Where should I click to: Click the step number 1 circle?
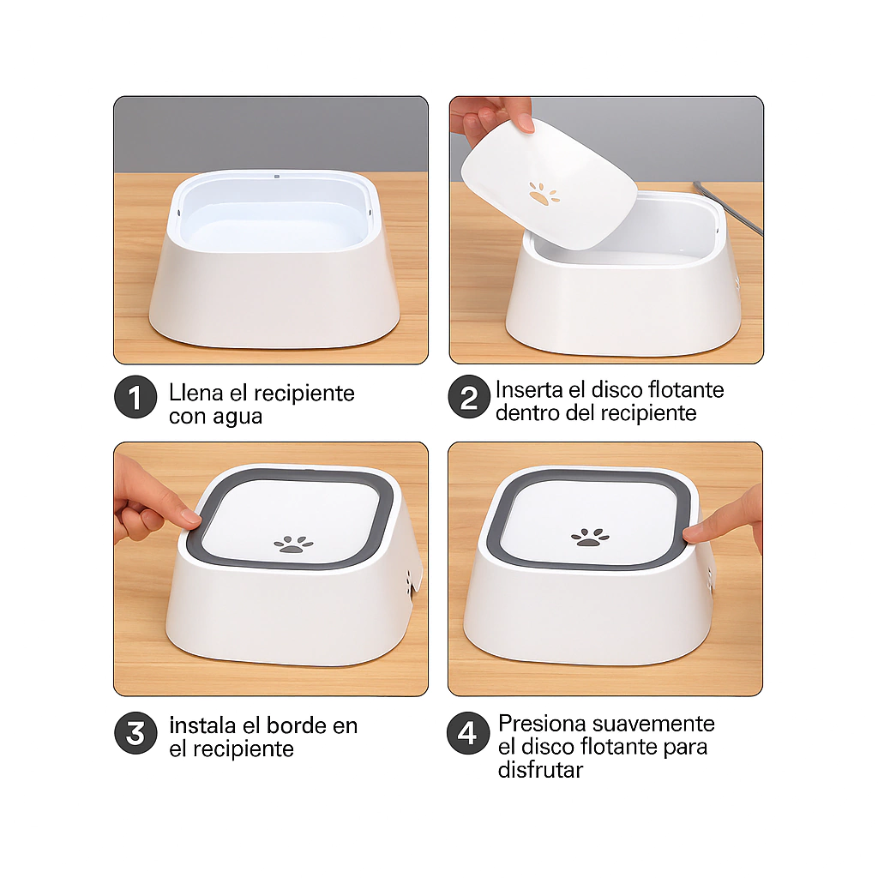tap(135, 397)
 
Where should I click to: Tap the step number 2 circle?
tap(469, 397)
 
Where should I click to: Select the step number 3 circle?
tap(135, 733)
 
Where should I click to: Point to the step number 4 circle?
tap(468, 733)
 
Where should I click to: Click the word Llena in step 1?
tap(196, 393)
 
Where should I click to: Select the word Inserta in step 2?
tap(527, 390)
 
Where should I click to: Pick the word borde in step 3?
tap(298, 725)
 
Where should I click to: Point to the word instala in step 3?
tap(202, 725)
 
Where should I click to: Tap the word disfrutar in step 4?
tap(540, 770)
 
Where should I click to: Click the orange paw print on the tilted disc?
tap(544, 194)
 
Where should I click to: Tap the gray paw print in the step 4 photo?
tap(590, 538)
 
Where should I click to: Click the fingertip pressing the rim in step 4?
tap(692, 532)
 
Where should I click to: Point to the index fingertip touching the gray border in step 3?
tap(190, 518)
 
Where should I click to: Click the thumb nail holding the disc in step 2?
tap(526, 123)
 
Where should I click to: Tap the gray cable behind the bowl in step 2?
tap(728, 207)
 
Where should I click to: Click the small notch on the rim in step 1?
tap(277, 176)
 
